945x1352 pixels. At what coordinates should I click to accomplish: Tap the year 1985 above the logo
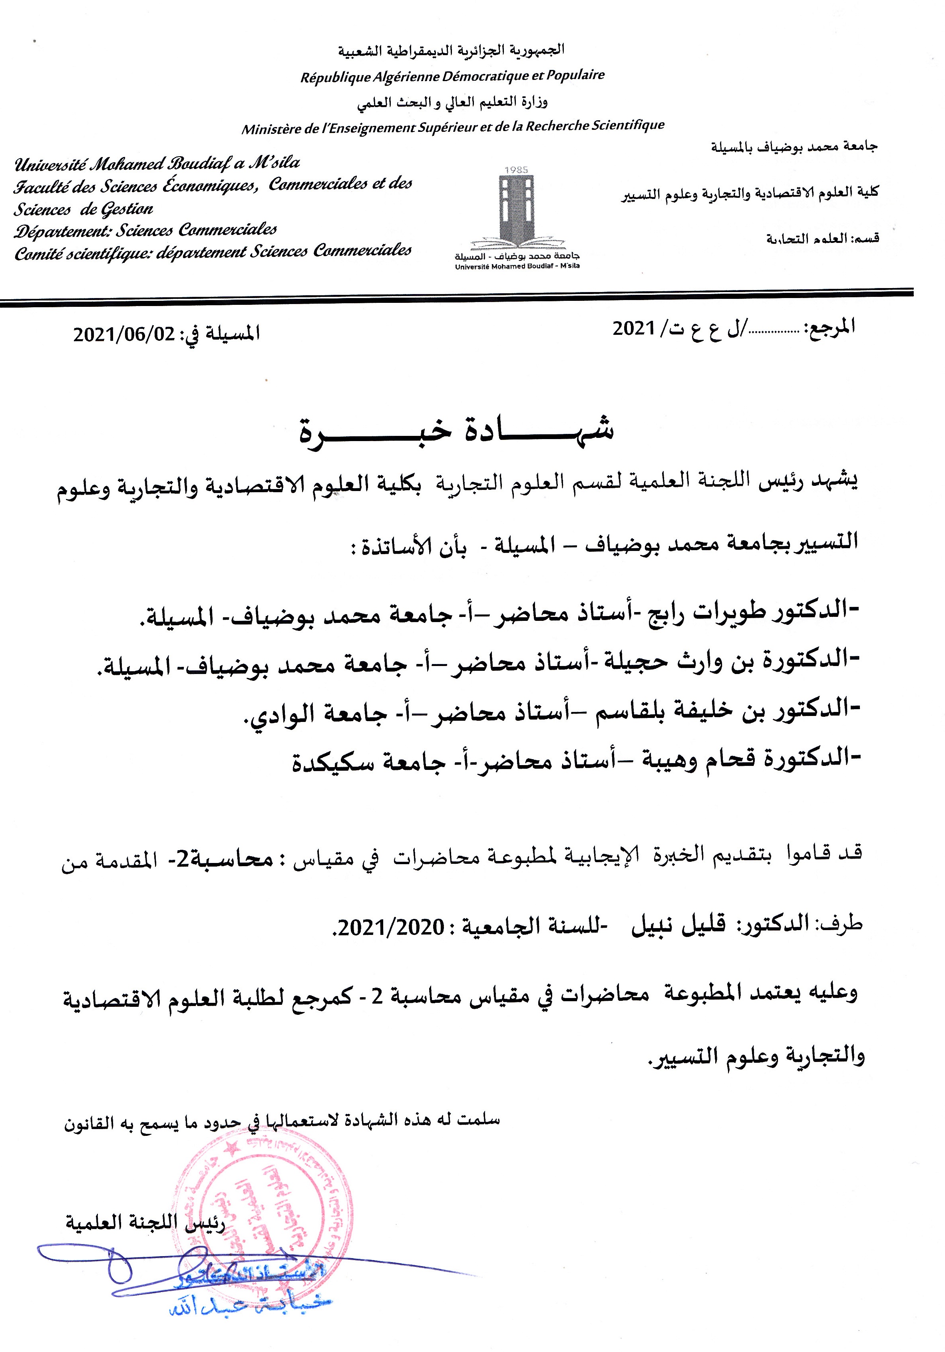click(516, 169)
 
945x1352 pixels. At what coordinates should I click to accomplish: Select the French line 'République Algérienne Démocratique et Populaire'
click(452, 76)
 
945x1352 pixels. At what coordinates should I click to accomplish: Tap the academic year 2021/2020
click(392, 927)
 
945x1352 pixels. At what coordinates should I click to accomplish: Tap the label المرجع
click(830, 327)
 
